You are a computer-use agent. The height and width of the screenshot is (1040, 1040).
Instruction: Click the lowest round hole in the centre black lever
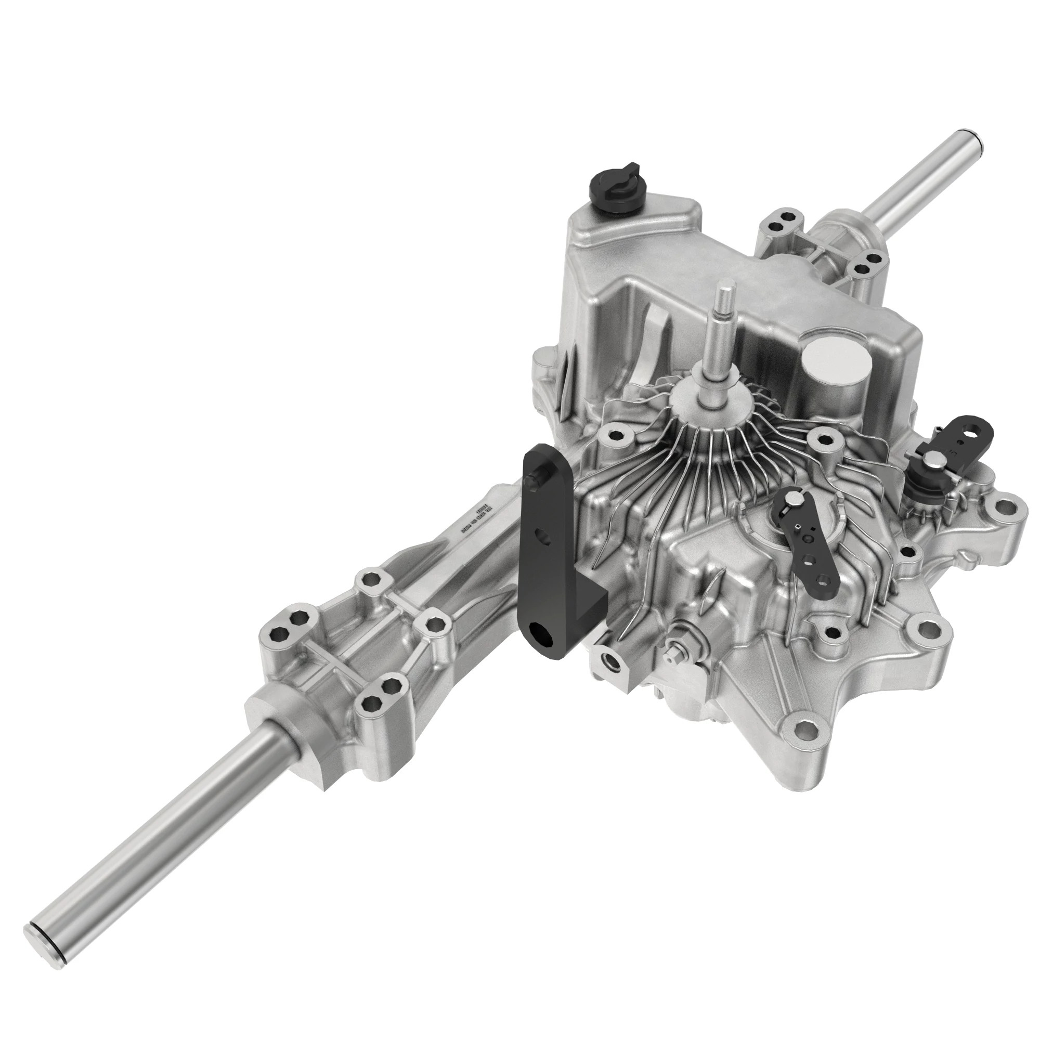pyautogui.click(x=822, y=579)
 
